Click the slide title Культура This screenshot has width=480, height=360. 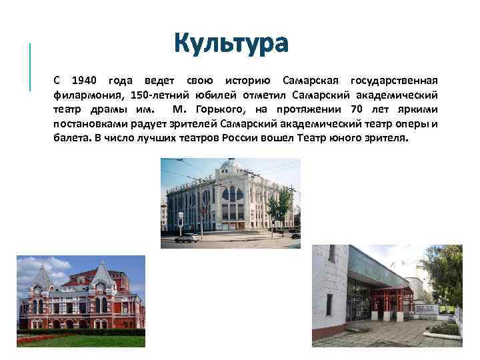pyautogui.click(x=231, y=43)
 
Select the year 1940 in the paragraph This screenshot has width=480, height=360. pyautogui.click(x=85, y=81)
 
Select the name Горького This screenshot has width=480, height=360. pyautogui.click(x=223, y=109)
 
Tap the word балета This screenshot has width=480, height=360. pyautogui.click(x=71, y=138)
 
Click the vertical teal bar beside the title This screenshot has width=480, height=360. pyautogui.click(x=31, y=66)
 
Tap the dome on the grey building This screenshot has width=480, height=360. pyautogui.click(x=230, y=164)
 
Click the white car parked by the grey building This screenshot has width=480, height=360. pyautogui.click(x=188, y=237)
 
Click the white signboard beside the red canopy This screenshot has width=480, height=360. pyautogui.click(x=426, y=309)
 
